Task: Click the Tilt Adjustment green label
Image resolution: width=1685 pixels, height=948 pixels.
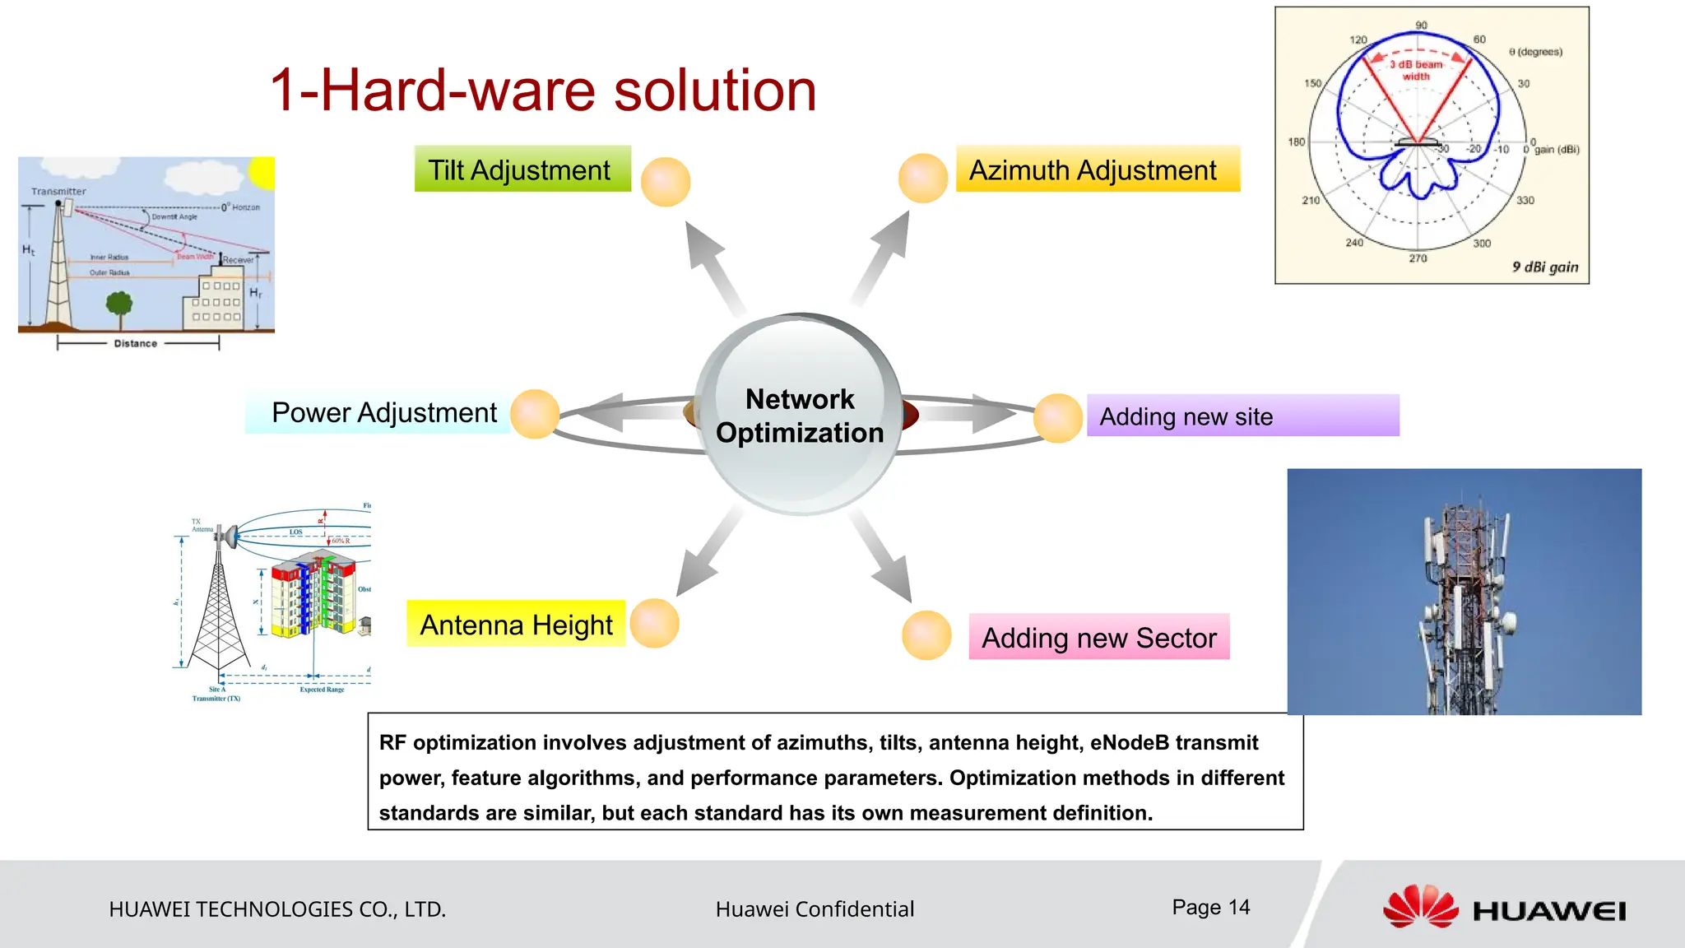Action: click(522, 170)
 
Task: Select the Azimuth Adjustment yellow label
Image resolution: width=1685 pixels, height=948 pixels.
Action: click(1097, 170)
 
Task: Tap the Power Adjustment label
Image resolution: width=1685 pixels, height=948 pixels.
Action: click(383, 412)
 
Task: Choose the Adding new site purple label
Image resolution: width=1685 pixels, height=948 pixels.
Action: click(1242, 416)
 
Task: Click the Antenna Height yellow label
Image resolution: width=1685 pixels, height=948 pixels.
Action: click(516, 625)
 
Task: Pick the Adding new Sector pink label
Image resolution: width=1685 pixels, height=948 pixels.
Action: click(1098, 638)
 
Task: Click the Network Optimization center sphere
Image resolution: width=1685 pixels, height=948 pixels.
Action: click(799, 416)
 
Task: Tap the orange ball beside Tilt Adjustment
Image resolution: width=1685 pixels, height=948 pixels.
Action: click(665, 182)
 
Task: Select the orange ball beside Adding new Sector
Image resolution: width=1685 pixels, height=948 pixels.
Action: click(926, 635)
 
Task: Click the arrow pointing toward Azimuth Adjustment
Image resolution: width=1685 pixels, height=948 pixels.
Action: click(884, 255)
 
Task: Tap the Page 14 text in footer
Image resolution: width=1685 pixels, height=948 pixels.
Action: click(1210, 907)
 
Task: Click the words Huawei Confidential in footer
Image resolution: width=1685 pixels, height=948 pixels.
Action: click(815, 909)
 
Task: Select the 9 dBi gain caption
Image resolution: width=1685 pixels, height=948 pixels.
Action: click(1544, 267)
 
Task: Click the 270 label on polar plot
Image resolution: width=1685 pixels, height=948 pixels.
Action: click(1418, 258)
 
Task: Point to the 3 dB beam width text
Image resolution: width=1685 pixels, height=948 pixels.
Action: click(1416, 70)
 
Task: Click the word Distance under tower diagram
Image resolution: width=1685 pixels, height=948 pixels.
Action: click(136, 343)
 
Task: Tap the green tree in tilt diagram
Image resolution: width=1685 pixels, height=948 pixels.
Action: click(119, 307)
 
